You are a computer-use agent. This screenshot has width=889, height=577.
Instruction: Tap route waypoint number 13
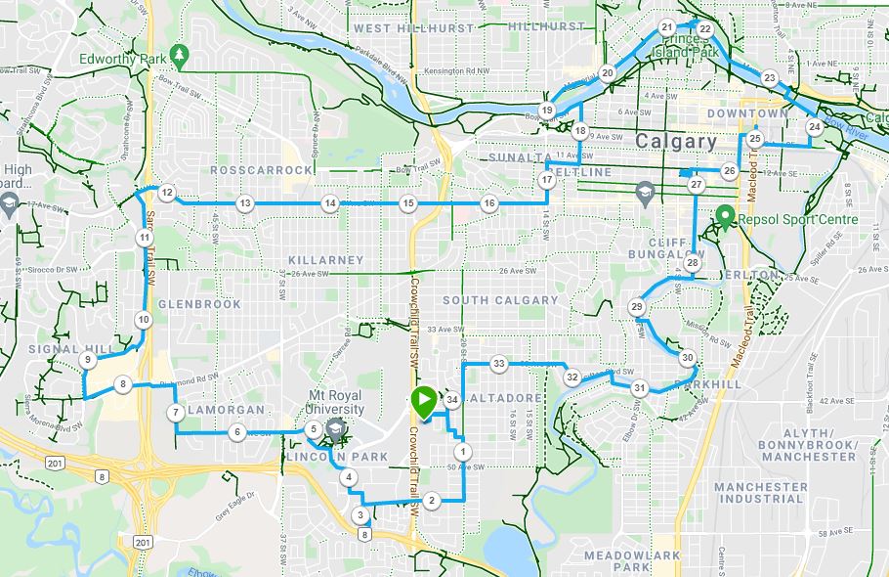click(244, 203)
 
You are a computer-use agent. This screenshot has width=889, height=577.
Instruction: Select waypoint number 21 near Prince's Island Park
click(666, 27)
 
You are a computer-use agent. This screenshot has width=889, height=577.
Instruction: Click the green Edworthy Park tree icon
click(178, 55)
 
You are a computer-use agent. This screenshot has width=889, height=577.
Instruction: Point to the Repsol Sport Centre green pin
click(725, 217)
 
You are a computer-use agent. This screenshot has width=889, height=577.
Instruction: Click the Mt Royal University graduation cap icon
click(335, 427)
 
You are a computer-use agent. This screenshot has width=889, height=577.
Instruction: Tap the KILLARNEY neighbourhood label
click(326, 260)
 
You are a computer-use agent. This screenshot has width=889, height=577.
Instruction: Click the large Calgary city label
click(676, 141)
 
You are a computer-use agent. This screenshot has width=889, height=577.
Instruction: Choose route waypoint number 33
click(498, 364)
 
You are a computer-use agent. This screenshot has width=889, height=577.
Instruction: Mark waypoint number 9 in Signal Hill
click(88, 360)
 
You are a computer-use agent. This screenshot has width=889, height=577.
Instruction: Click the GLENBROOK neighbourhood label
click(199, 304)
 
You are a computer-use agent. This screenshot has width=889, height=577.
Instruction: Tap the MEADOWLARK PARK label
click(631, 560)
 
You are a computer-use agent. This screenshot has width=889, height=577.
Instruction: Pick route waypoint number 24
click(814, 127)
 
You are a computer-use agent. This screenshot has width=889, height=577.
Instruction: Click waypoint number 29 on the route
click(637, 308)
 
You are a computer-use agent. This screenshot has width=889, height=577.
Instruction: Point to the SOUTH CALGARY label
click(500, 300)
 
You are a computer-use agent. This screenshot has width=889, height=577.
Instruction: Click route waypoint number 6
click(236, 431)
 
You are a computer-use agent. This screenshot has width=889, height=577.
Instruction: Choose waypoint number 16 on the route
click(488, 203)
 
